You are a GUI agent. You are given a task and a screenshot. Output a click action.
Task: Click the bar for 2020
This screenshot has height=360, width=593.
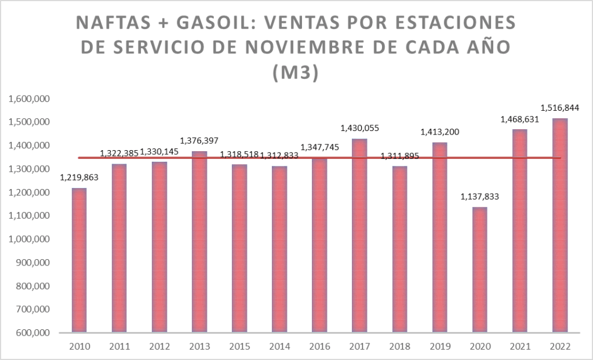point(480,270)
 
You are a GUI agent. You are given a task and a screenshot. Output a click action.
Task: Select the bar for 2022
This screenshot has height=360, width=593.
point(560,226)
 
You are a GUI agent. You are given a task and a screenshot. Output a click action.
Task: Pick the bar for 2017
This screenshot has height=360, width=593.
point(359,235)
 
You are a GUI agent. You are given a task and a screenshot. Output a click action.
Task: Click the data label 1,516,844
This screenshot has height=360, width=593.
point(560,107)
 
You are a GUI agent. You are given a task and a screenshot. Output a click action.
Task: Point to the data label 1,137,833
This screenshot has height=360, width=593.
point(480,197)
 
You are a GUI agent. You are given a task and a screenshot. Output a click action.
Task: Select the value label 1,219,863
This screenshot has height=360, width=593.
point(79,177)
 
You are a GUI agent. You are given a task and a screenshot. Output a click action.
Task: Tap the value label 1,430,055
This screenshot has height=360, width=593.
point(359,128)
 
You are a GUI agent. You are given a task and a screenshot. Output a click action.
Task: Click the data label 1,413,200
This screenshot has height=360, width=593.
point(439,132)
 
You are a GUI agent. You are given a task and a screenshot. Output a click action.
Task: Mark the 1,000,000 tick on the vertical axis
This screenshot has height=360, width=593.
point(30,239)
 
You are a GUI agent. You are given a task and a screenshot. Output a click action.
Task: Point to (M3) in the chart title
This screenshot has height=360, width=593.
point(296,74)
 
